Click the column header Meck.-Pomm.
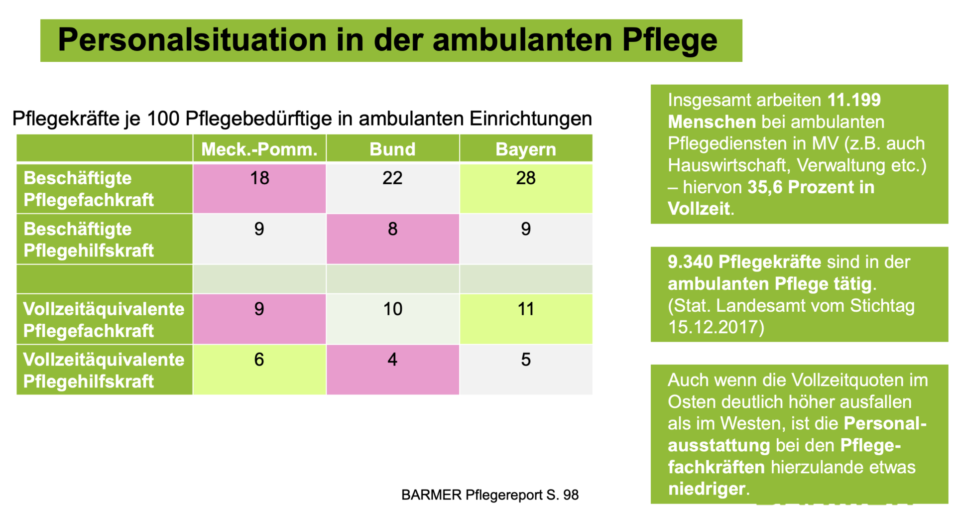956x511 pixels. coord(259,149)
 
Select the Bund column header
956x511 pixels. coord(392,149)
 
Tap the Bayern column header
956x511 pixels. coord(526,149)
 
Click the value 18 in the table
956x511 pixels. coord(259,178)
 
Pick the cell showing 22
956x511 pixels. coord(392,178)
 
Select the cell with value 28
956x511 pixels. coord(526,178)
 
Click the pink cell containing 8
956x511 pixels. coord(392,229)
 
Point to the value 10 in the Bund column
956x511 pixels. coord(392,309)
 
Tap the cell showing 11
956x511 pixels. coord(526,309)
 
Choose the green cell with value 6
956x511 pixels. coord(259,360)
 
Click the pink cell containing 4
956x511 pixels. coord(392,360)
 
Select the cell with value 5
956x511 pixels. coord(526,360)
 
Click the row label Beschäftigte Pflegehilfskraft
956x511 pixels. coord(89,240)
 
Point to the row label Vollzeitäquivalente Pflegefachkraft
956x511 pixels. coord(104,320)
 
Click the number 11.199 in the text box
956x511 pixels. coord(854,100)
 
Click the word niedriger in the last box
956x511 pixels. coord(707,489)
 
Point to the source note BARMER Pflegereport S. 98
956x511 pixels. coord(490,495)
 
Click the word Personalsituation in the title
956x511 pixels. coord(192,40)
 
